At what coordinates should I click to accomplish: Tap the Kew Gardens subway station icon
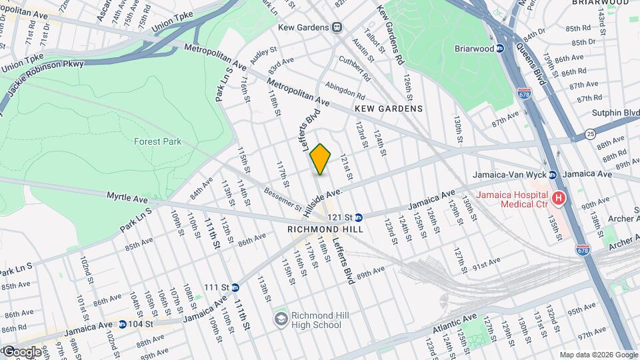click(x=338, y=27)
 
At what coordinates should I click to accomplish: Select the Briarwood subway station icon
click(x=517, y=48)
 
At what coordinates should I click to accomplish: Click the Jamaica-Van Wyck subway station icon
click(x=553, y=175)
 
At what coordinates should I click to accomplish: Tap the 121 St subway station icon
click(x=358, y=217)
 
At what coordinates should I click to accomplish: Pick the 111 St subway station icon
click(x=235, y=287)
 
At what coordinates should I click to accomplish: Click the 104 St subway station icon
click(x=122, y=325)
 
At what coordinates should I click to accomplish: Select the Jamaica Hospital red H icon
click(x=559, y=198)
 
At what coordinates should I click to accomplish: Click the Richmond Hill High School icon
click(x=281, y=319)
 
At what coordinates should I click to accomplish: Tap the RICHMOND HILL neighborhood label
click(x=325, y=229)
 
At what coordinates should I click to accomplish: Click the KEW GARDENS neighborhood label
click(x=389, y=108)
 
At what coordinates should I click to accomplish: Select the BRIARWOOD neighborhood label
click(x=600, y=3)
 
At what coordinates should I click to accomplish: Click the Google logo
click(x=21, y=351)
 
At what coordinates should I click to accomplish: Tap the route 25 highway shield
click(x=591, y=135)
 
